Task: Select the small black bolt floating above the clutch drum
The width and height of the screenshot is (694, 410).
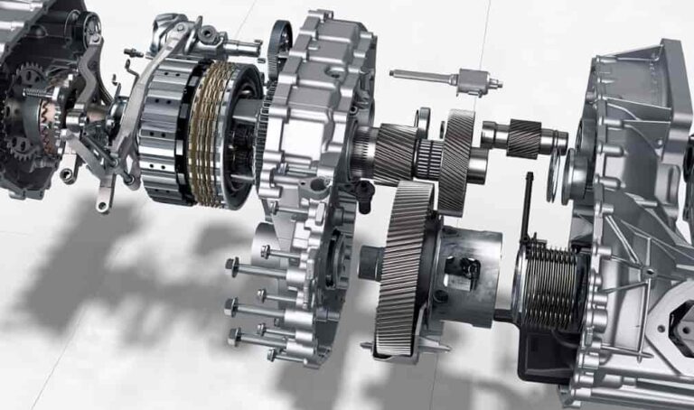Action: point(133,51)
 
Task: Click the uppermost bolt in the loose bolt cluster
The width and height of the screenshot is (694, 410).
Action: point(272,250)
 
